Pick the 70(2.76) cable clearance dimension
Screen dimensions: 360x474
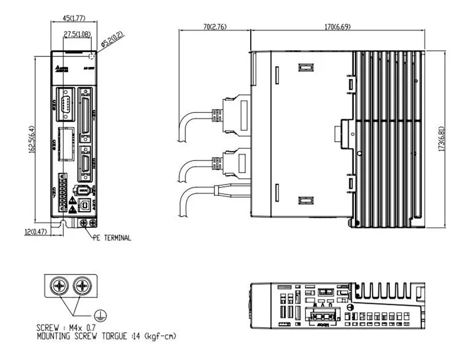coord(214,27)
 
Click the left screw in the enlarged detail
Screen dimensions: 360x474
coord(61,287)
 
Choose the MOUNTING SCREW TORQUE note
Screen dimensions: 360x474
coord(105,336)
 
